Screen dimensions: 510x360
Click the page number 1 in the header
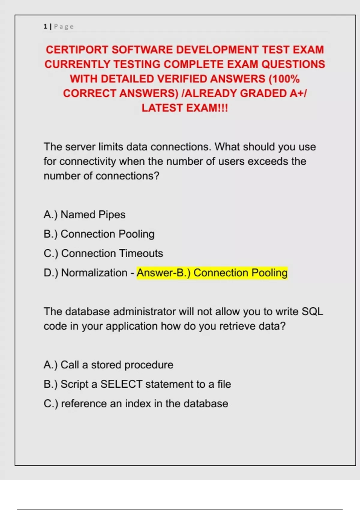pyautogui.click(x=45, y=26)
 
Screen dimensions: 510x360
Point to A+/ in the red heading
pyautogui.click(x=298, y=94)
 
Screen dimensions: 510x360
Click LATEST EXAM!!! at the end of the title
pyautogui.click(x=185, y=108)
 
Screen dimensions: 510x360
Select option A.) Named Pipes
pyautogui.click(x=84, y=215)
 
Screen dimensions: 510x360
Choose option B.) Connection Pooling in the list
pyautogui.click(x=99, y=234)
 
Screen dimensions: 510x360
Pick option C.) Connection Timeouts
pyautogui.click(x=103, y=253)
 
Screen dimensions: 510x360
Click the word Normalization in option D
pyautogui.click(x=94, y=273)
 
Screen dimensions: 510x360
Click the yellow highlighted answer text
pyautogui.click(x=212, y=273)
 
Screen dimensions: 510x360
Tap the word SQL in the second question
pyautogui.click(x=312, y=312)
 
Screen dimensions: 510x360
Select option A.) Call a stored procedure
pyautogui.click(x=108, y=365)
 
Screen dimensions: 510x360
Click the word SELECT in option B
pyautogui.click(x=121, y=384)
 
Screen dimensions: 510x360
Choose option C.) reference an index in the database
pyautogui.click(x=136, y=404)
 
